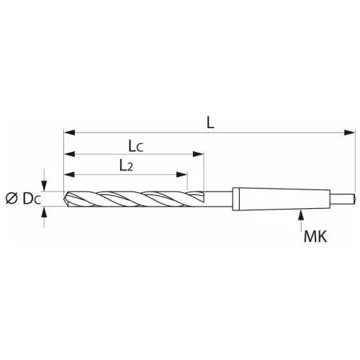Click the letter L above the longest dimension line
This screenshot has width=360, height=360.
click(210, 122)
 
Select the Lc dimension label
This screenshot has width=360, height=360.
click(135, 145)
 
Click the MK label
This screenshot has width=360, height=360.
click(315, 235)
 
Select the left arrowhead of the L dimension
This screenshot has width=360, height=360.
click(69, 132)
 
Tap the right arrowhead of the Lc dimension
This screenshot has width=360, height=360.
click(199, 154)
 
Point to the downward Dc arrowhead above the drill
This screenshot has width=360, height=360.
click(45, 186)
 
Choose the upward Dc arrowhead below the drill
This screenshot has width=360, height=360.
click(45, 211)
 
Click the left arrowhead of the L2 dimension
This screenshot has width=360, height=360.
click(69, 174)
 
